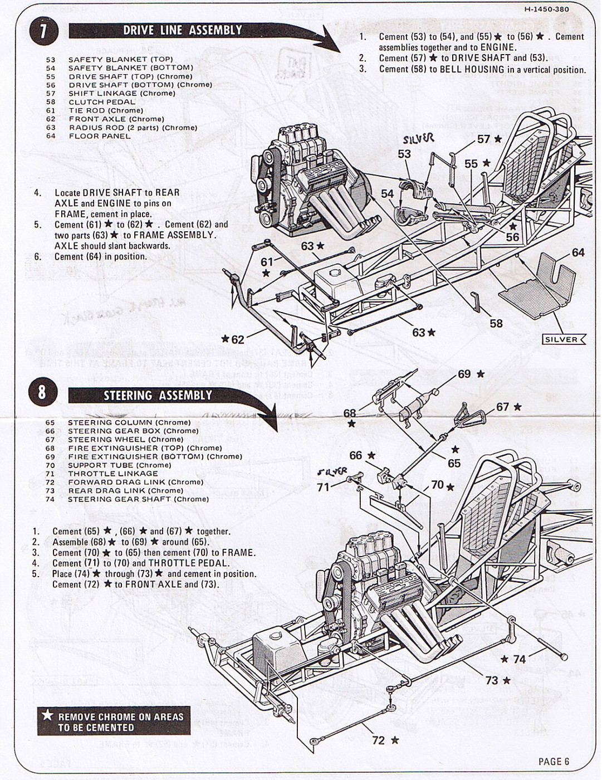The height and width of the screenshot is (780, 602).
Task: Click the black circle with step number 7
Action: click(x=42, y=31)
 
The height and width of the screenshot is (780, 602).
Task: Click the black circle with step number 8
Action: click(x=42, y=392)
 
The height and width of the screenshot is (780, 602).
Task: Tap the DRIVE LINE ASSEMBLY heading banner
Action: click(x=183, y=31)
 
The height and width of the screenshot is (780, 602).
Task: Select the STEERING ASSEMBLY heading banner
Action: click(x=158, y=396)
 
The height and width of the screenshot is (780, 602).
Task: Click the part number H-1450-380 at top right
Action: click(x=546, y=9)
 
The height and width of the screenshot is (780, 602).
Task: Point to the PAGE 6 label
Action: click(x=554, y=762)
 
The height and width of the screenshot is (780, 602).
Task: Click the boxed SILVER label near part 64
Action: click(x=562, y=339)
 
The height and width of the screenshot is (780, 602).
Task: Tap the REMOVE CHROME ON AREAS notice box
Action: click(x=114, y=721)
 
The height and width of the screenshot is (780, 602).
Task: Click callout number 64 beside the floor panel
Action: click(x=578, y=253)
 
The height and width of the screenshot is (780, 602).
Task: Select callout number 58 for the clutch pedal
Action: click(x=496, y=323)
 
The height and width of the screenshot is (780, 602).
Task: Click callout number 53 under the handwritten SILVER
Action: click(x=404, y=154)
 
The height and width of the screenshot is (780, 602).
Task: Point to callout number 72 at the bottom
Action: click(x=378, y=740)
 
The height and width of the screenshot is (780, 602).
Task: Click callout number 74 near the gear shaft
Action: click(x=519, y=660)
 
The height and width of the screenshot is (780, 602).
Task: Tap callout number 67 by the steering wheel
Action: click(x=502, y=407)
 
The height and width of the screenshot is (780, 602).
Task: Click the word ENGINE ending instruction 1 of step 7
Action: click(x=498, y=47)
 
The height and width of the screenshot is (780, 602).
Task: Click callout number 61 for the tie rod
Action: click(x=267, y=262)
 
